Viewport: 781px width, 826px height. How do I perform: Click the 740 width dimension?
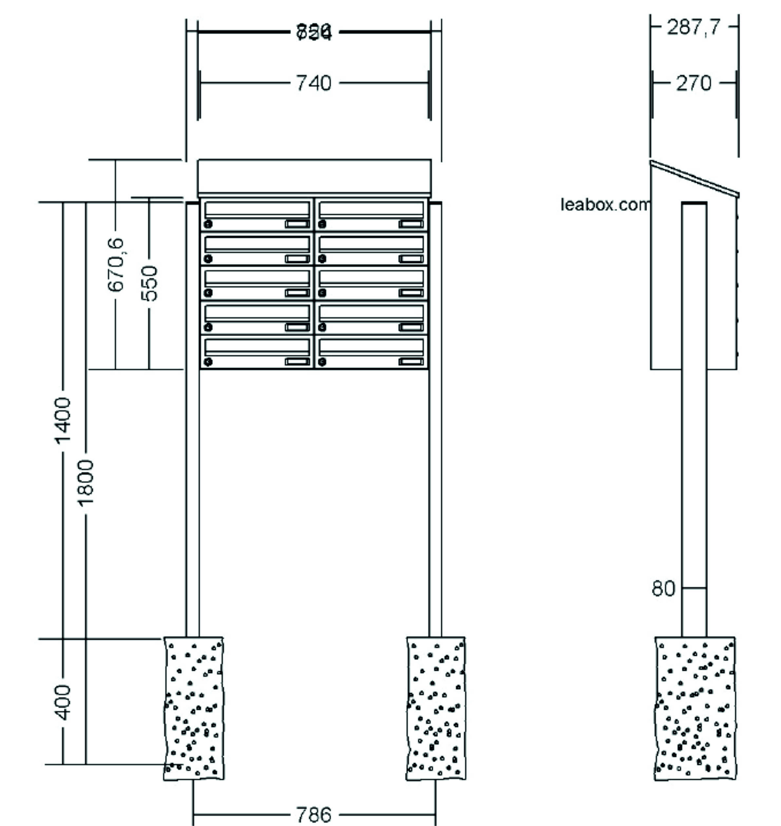314,83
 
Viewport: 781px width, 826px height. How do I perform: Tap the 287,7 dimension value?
693,28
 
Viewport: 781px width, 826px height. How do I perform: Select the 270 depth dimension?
694,83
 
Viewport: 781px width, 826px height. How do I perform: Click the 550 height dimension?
149,283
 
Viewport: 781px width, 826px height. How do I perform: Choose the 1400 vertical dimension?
63,420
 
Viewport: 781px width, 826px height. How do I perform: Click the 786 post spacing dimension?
314,814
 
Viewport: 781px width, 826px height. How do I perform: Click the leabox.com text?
604,205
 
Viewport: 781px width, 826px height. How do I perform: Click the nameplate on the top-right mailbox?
411,224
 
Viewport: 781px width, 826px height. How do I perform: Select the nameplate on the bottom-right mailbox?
411,362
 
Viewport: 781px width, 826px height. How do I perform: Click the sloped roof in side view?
695,178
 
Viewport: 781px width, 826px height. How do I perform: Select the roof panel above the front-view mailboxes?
314,176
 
